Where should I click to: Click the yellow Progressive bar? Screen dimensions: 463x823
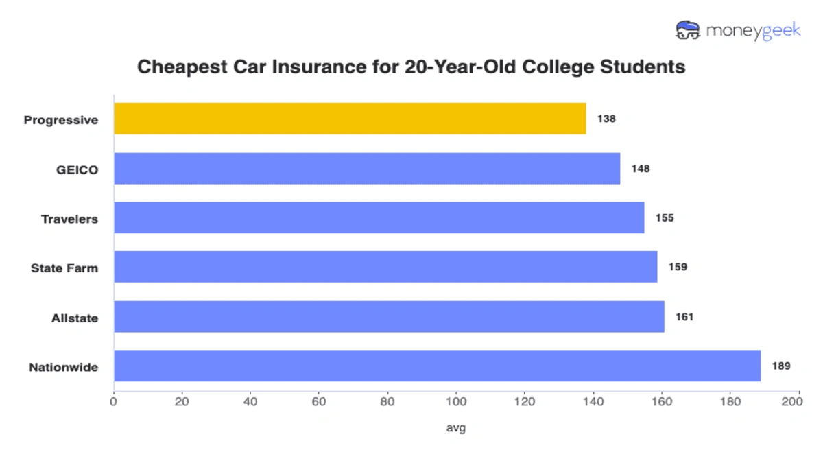(x=350, y=119)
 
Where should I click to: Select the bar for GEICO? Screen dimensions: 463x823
(x=367, y=168)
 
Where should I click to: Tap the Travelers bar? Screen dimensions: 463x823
(x=379, y=217)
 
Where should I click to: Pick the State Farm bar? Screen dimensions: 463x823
(x=385, y=267)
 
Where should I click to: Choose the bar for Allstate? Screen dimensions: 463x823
(x=389, y=316)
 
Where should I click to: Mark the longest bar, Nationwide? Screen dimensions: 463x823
(x=437, y=366)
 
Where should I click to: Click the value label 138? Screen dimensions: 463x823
(x=606, y=119)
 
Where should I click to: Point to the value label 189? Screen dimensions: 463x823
(x=780, y=366)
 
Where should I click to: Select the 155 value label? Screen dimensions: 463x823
(x=665, y=218)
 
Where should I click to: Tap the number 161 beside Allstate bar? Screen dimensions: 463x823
(x=684, y=317)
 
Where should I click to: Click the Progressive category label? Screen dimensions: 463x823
(x=61, y=120)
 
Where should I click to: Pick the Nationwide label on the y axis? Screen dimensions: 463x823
(x=64, y=367)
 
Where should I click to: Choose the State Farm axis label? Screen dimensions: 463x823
(x=64, y=268)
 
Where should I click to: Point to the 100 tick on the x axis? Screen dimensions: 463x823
(x=456, y=401)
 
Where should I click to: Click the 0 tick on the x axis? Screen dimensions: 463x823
(x=114, y=401)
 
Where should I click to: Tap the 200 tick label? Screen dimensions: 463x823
(x=798, y=401)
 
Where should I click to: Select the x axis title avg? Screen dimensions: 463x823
(x=456, y=428)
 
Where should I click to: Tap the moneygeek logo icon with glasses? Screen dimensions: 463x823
(x=688, y=30)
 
